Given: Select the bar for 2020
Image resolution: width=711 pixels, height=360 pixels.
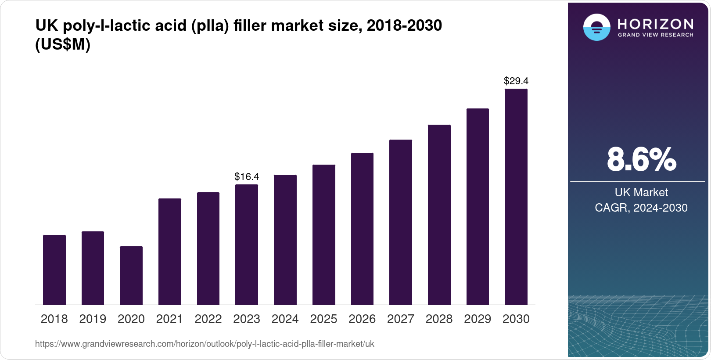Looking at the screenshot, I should [x=131, y=275].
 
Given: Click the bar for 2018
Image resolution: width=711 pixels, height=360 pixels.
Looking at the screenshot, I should [x=54, y=270].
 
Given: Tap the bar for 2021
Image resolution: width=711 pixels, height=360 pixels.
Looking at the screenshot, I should [x=170, y=252].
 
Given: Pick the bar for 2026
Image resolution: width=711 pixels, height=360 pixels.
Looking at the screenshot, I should [x=362, y=229].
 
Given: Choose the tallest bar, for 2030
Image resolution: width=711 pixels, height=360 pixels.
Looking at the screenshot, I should [x=516, y=197].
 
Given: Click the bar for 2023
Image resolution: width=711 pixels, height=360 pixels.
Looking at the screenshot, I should [x=247, y=245].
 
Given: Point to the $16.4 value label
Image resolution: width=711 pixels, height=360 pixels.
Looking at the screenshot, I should [x=247, y=176].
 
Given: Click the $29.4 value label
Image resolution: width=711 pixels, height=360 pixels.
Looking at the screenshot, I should [x=516, y=81].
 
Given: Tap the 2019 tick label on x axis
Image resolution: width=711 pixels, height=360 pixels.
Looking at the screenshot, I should [x=93, y=319].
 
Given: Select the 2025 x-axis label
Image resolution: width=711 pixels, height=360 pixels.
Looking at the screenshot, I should [x=323, y=319].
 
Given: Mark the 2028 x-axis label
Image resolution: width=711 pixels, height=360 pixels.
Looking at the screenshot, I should [x=439, y=319].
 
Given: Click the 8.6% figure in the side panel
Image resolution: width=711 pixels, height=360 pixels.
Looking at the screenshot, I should [x=641, y=159].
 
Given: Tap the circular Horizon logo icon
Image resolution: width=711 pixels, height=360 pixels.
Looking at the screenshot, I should [x=596, y=27].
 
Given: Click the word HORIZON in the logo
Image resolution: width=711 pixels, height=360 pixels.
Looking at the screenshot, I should [x=655, y=24].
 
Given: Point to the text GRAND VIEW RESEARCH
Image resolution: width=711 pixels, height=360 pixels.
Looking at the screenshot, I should [x=655, y=35].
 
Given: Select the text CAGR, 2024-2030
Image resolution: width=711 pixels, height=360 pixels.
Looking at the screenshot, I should [x=641, y=208].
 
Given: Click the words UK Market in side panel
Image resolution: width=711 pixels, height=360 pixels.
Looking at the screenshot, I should [x=641, y=192].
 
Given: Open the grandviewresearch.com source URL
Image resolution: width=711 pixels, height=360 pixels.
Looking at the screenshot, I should [x=205, y=344].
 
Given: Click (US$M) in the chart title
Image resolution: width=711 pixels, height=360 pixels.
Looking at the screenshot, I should [x=63, y=44].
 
